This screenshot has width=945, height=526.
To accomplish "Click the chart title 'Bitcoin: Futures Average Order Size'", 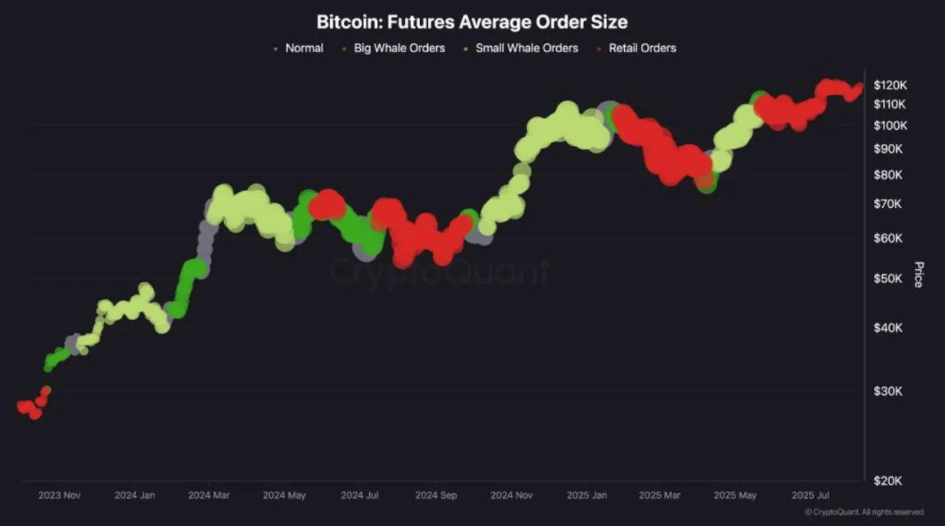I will click(472, 22).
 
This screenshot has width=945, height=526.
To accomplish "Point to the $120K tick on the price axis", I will click(890, 85).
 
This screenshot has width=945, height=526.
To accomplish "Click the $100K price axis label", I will click(890, 126).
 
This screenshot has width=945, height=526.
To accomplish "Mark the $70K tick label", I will click(888, 204).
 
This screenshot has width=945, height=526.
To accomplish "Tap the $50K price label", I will click(888, 279).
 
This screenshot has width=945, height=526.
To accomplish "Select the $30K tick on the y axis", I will click(888, 391).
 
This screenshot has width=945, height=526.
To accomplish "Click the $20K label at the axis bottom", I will click(888, 481).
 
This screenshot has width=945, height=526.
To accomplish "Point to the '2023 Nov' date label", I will click(59, 495).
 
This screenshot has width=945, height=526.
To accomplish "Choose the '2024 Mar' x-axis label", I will click(209, 495).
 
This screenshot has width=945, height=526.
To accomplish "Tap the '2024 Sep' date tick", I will click(436, 495).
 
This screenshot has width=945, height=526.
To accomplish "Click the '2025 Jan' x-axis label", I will click(587, 495).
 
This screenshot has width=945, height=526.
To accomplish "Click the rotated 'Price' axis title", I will click(918, 274).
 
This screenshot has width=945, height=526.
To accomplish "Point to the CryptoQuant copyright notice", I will click(864, 512).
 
